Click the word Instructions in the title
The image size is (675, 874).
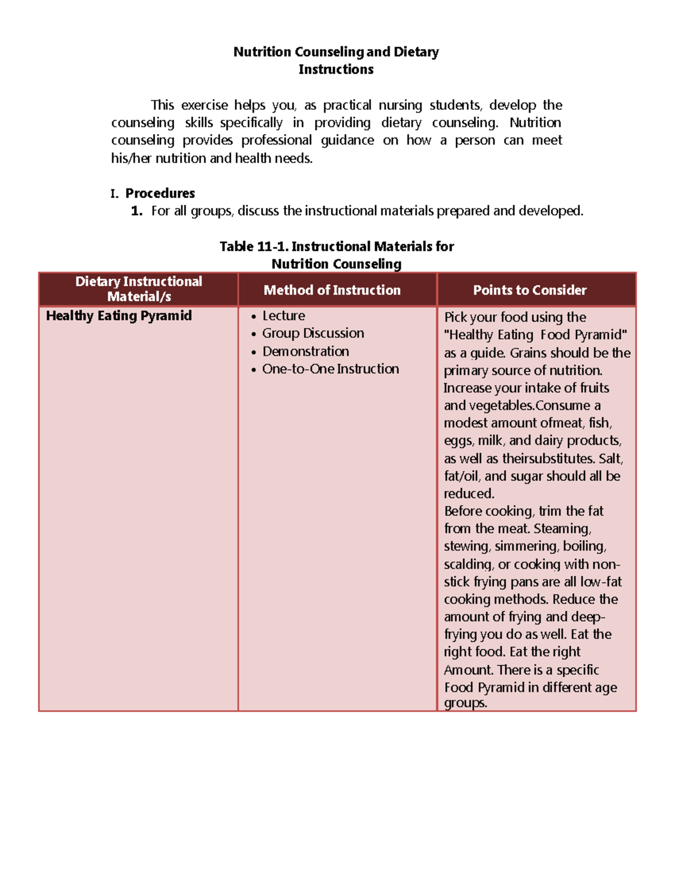pyautogui.click(x=336, y=69)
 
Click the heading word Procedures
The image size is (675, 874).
pyautogui.click(x=160, y=193)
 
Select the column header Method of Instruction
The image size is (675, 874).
pyautogui.click(x=332, y=290)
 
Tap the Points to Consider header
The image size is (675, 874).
pyautogui.click(x=529, y=290)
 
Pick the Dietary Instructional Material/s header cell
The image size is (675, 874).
pyautogui.click(x=139, y=289)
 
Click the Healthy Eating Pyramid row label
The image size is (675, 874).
pyautogui.click(x=119, y=316)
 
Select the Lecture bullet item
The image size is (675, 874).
pyautogui.click(x=283, y=316)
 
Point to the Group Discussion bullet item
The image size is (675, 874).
pyautogui.click(x=313, y=333)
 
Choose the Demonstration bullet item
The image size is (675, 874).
pyautogui.click(x=305, y=351)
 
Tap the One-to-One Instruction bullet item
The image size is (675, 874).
pyautogui.click(x=330, y=369)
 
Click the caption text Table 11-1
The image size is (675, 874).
pyautogui.click(x=254, y=246)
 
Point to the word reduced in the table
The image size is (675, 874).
pyautogui.click(x=469, y=494)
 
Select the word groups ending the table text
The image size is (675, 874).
pyautogui.click(x=465, y=703)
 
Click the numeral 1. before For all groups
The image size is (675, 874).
pyautogui.click(x=137, y=211)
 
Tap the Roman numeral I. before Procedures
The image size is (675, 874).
pyautogui.click(x=114, y=194)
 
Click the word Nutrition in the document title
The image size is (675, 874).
pyautogui.click(x=262, y=52)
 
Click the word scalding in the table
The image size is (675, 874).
pyautogui.click(x=468, y=564)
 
